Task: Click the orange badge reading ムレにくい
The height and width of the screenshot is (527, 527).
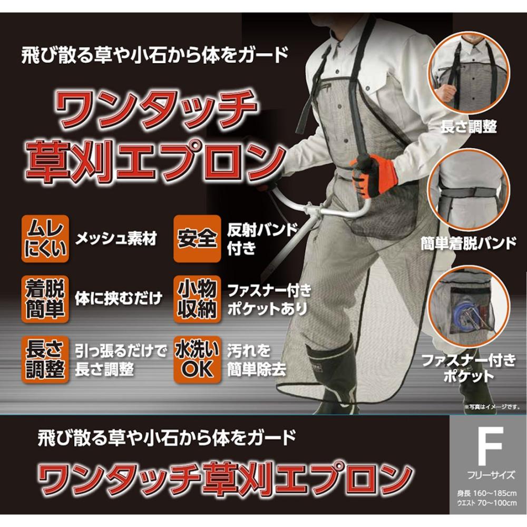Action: click(45, 239)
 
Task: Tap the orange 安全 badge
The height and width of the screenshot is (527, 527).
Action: click(197, 239)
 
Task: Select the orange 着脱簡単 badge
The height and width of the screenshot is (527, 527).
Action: click(45, 299)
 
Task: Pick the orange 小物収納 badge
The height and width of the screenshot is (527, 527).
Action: click(197, 299)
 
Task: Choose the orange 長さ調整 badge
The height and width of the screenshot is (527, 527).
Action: click(45, 359)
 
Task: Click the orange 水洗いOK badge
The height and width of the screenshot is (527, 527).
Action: click(197, 359)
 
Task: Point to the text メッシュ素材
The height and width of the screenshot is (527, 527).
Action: click(116, 239)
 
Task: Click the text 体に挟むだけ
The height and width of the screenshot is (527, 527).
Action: click(119, 298)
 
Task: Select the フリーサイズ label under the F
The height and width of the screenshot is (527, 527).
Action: click(491, 475)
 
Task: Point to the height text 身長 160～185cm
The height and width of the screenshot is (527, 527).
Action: click(486, 494)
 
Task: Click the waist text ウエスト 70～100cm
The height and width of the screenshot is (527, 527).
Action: click(486, 503)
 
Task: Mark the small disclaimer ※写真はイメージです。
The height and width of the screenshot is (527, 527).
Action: click(492, 407)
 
